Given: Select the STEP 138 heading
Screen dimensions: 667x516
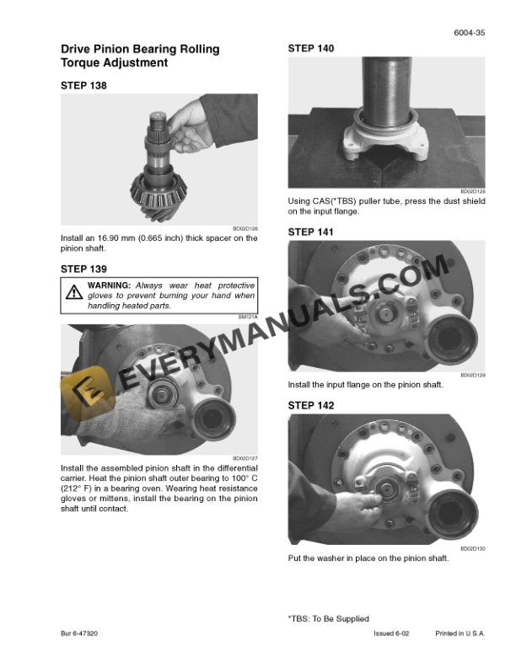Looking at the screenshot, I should pos(83,85).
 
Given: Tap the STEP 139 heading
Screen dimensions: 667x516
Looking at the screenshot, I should pos(83,269).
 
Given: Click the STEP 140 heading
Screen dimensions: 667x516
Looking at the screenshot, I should pos(311,49).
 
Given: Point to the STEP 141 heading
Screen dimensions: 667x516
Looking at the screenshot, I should pos(311,232).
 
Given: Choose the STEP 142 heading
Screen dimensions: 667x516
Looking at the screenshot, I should pos(311,406).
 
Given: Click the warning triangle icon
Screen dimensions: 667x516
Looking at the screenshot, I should pos(73,294).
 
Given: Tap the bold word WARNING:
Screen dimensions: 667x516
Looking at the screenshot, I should pos(109,286).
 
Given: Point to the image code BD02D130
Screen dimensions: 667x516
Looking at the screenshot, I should pos(473,549).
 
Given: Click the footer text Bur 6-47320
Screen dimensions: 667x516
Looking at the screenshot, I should pos(80,632).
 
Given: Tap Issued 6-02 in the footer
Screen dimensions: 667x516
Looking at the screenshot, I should pos(393,632).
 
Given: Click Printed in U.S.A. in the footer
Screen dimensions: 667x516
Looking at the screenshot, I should pos(460,632).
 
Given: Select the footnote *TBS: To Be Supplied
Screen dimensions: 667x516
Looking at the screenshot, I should pos(328,619).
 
